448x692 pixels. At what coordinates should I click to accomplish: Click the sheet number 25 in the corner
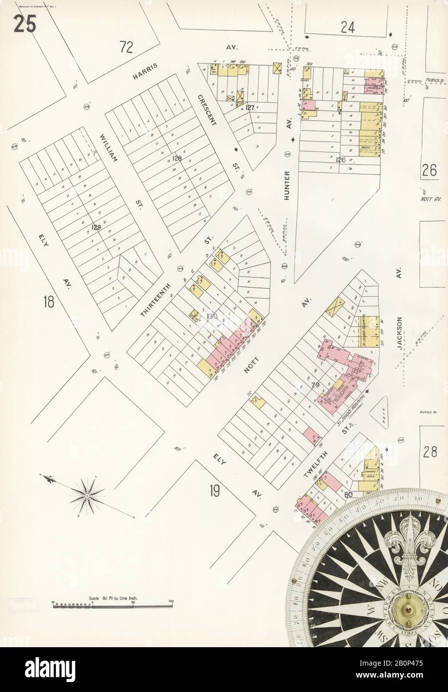pyautogui.click(x=25, y=24)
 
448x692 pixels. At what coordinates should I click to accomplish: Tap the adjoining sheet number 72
pyautogui.click(x=127, y=47)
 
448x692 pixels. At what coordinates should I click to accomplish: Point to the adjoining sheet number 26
pyautogui.click(x=429, y=171)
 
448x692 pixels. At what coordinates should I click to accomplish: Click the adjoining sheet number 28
pyautogui.click(x=431, y=452)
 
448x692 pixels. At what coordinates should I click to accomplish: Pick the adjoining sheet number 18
pyautogui.click(x=48, y=301)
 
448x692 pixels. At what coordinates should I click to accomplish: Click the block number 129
pyautogui.click(x=96, y=227)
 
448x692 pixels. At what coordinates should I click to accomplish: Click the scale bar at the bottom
pyautogui.click(x=111, y=605)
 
